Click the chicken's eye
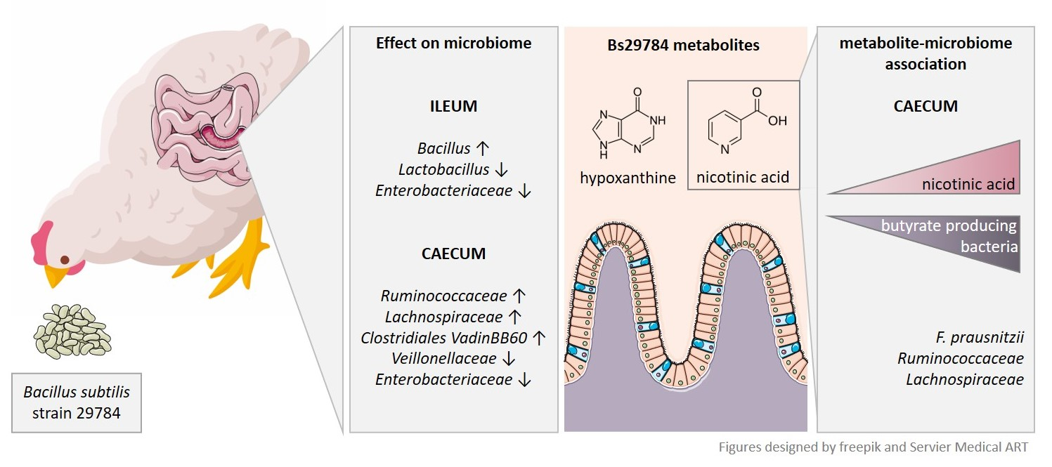[65, 260]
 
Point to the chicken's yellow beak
[58, 275]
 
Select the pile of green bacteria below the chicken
[72, 331]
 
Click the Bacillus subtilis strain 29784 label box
[77, 402]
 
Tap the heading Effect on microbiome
[453, 44]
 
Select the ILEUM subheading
[453, 107]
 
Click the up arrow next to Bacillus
[482, 149]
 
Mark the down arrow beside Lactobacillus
[502, 170]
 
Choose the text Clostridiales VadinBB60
[443, 338]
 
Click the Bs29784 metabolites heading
[684, 46]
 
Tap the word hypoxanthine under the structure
[628, 178]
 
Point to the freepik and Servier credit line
[873, 447]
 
